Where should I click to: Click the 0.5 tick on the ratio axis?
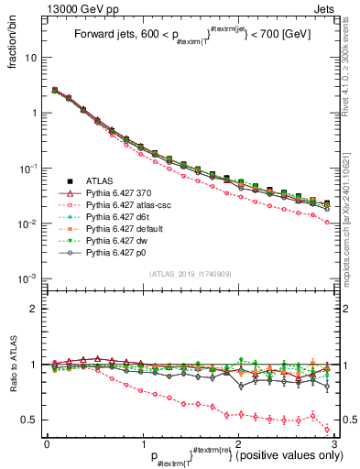[33, 420]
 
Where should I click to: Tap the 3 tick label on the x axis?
[334, 443]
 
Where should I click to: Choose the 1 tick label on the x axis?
[143, 443]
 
